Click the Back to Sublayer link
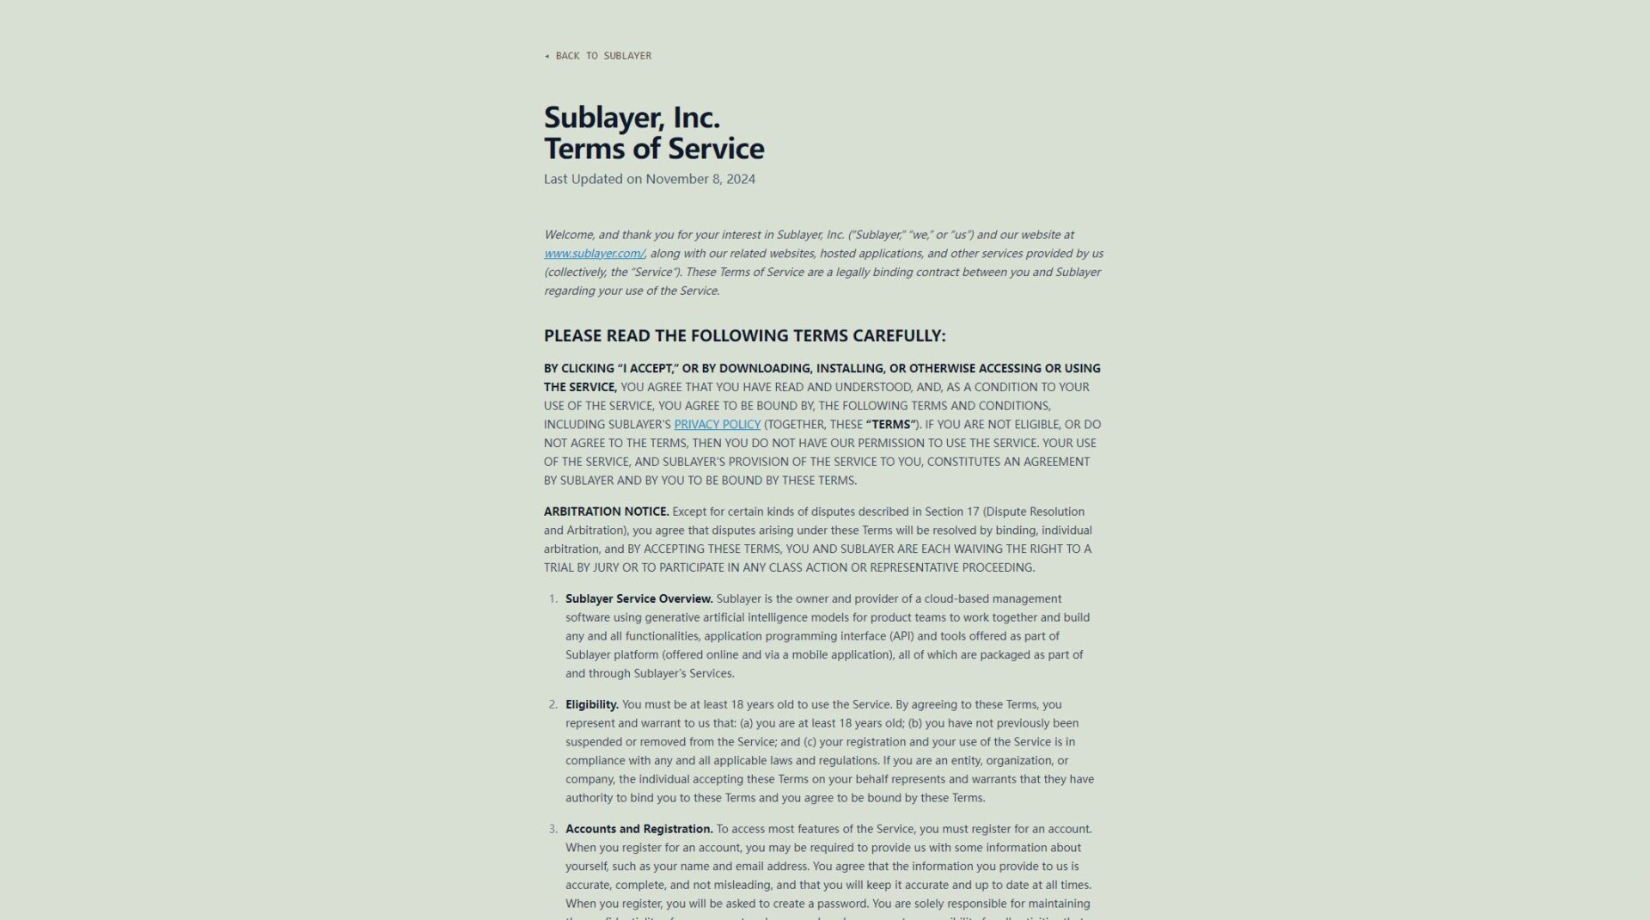602,56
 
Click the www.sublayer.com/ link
594,254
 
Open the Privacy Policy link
717,425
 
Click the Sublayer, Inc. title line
632,117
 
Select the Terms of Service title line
654,149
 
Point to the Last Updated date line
649,180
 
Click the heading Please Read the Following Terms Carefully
744,336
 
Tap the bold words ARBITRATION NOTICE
606,512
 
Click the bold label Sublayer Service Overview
639,599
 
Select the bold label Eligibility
591,705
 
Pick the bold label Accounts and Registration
639,830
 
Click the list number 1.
553,599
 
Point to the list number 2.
553,705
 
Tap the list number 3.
553,830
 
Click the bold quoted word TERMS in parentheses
891,425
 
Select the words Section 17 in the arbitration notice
951,512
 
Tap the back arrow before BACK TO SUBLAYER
547,56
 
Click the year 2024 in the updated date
740,180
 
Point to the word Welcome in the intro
568,235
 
